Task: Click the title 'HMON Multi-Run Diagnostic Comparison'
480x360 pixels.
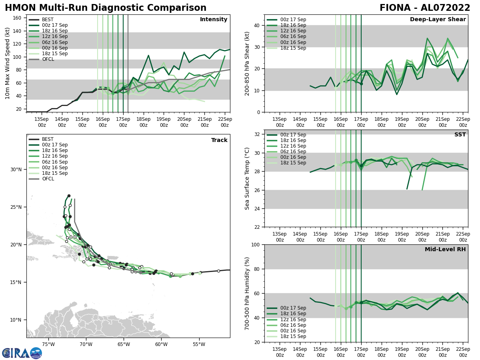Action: tap(106, 8)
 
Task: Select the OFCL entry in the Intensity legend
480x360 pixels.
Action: tap(48, 59)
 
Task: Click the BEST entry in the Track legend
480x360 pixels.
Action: tap(48, 139)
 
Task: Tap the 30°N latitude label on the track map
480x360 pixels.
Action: tap(16, 169)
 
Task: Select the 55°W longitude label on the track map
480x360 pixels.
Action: tap(199, 344)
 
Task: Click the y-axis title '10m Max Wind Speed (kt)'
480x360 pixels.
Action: tap(8, 63)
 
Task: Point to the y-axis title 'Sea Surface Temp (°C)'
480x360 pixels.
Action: tap(247, 178)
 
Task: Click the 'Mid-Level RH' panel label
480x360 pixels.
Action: tap(445, 250)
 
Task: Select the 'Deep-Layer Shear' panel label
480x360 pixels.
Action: tap(438, 20)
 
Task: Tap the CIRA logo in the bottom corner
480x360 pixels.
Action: tap(22, 353)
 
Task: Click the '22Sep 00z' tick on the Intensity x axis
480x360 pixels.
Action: tap(225, 122)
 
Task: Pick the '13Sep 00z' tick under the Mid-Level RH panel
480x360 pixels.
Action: tap(280, 352)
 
